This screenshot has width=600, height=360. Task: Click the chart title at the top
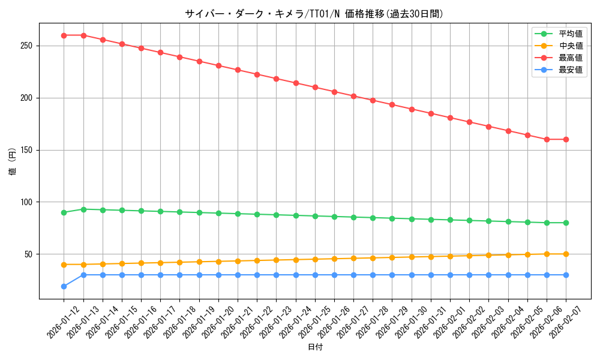(314, 14)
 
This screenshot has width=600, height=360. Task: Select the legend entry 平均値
(570, 34)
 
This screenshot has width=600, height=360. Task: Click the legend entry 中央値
(570, 46)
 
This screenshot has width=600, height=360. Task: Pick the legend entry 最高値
(570, 58)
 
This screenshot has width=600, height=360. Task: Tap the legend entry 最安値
(570, 70)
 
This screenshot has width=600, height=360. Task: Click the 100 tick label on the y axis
(28, 202)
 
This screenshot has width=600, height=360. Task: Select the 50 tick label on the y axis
(30, 254)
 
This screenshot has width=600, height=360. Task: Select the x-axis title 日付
(315, 347)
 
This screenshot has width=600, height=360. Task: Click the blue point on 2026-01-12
(64, 286)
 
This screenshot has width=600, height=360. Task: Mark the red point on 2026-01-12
(64, 35)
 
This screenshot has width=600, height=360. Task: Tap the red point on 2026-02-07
(566, 139)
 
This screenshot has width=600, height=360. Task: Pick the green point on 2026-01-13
(83, 209)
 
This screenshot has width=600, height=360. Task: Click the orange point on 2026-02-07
(566, 254)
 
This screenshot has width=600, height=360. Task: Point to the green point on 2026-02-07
(566, 223)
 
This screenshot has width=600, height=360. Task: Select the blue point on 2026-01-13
(83, 275)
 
